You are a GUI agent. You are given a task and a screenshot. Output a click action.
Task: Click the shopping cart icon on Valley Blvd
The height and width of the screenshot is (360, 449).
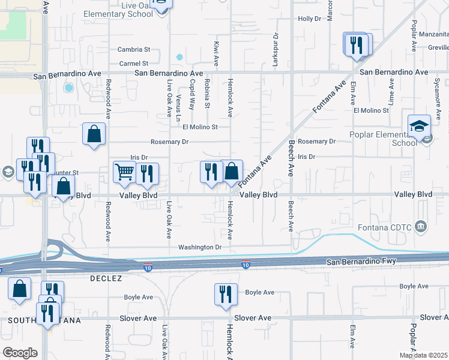[x=124, y=172]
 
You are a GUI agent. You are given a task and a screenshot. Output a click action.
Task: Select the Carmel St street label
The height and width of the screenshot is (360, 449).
[x=133, y=63]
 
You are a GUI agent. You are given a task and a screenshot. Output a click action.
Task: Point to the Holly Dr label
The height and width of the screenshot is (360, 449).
[x=310, y=19]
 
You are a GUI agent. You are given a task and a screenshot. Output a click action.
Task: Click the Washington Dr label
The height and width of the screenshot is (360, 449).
[x=200, y=247]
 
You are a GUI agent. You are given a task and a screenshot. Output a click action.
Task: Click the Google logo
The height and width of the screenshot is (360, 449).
[x=20, y=352]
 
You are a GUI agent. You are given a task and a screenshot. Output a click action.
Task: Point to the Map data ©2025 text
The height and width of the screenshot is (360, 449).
[x=423, y=355]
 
